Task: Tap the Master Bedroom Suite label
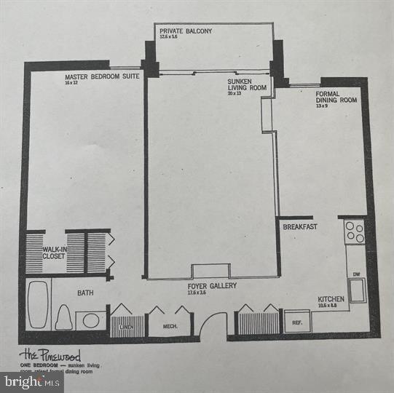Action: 92,77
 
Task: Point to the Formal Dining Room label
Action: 336,97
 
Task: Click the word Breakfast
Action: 300,227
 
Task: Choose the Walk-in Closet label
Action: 53,253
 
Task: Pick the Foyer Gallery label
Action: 211,286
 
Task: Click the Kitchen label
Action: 331,300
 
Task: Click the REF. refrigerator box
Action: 297,321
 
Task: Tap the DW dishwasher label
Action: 355,274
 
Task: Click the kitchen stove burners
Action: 355,231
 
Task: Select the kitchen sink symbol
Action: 356,290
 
